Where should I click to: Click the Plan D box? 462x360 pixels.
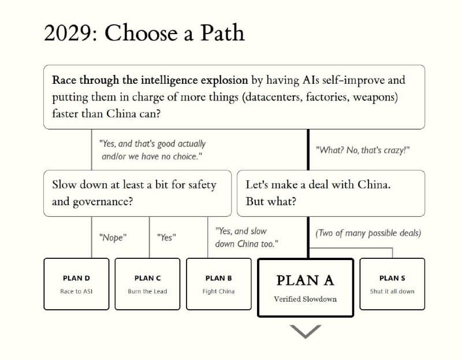(x=76, y=284)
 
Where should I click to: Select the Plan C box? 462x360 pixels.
(x=147, y=284)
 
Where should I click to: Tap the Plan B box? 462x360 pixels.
(x=219, y=284)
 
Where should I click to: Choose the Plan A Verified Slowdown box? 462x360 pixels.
(x=305, y=287)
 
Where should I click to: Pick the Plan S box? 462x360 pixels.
(x=392, y=284)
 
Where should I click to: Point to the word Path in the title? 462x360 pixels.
(x=222, y=32)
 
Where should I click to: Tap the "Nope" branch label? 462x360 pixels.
(x=113, y=237)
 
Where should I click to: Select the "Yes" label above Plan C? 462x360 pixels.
(x=166, y=237)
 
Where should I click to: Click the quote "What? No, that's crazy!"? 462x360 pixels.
(x=363, y=150)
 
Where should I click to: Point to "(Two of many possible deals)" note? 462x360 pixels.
(x=368, y=233)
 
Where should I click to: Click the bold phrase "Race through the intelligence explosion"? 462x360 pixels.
(x=150, y=80)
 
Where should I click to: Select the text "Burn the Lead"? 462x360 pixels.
(x=147, y=291)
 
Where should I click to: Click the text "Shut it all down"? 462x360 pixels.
(x=392, y=291)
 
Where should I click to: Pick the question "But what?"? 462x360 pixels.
(x=271, y=201)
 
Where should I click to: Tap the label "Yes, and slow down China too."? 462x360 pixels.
(x=247, y=237)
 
